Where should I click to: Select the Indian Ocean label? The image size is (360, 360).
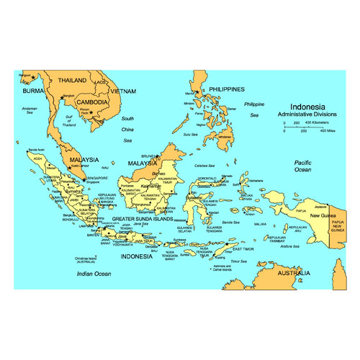pyautogui.click(x=94, y=274)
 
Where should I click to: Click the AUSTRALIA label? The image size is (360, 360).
pyautogui.click(x=295, y=273)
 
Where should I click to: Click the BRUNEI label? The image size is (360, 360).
pyautogui.click(x=149, y=156)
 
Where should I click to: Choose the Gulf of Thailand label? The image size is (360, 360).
pyautogui.click(x=69, y=120)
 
